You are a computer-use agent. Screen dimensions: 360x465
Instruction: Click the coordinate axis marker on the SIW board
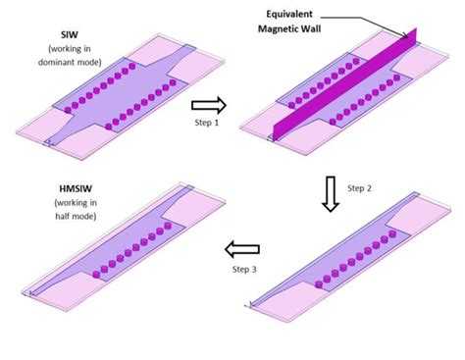(x=44, y=144)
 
